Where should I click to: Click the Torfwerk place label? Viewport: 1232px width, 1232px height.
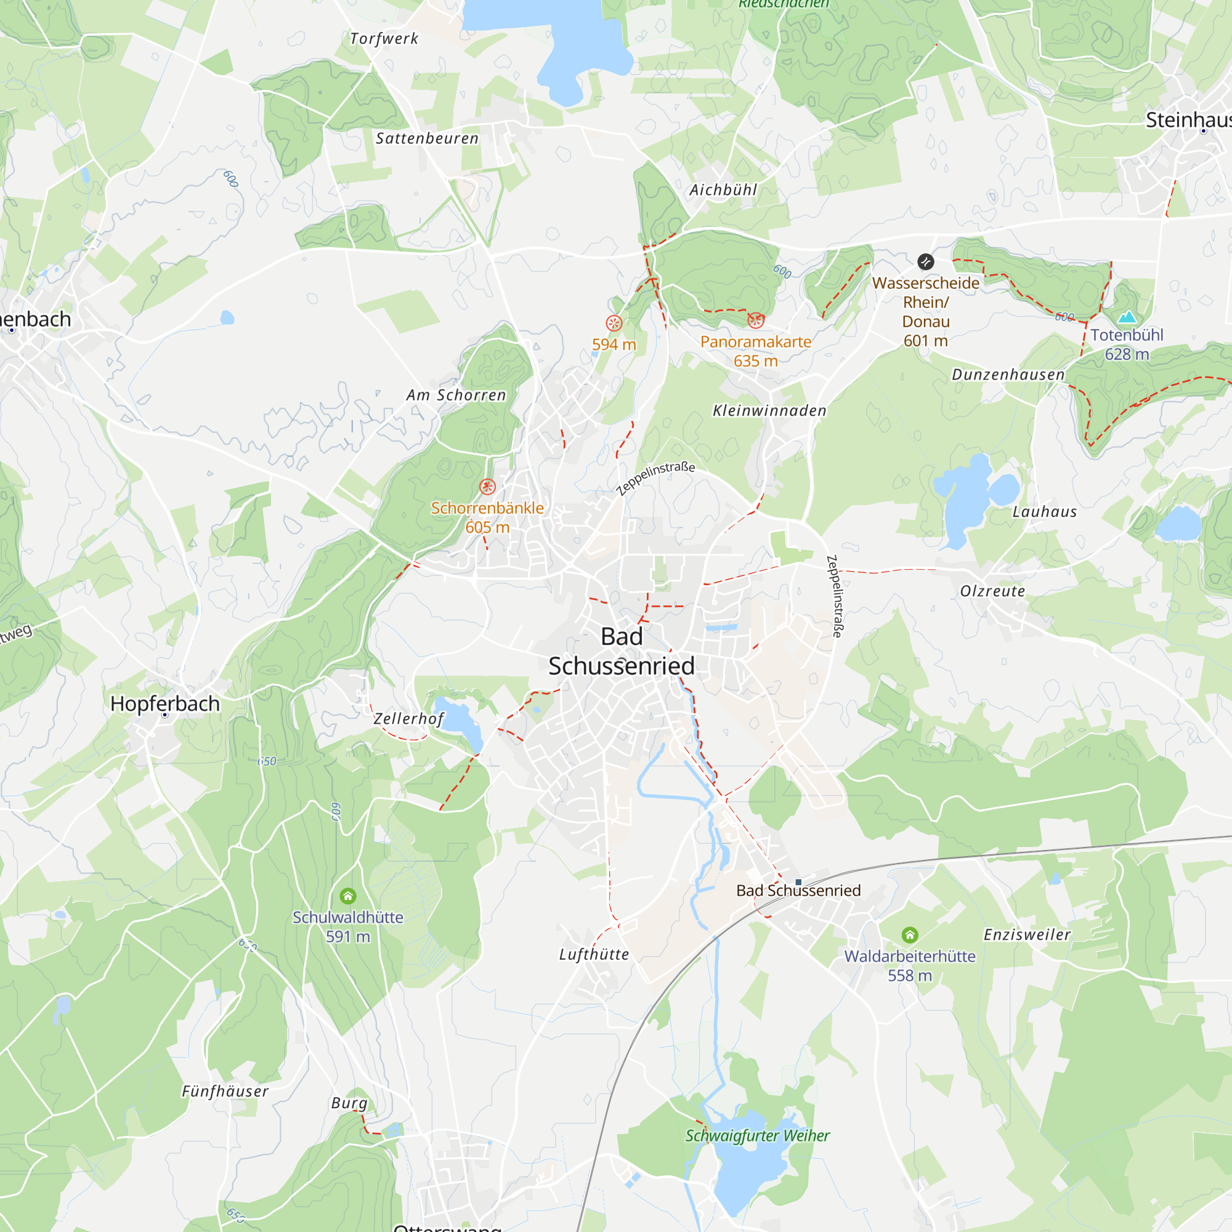384,39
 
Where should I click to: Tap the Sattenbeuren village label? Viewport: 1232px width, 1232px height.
427,139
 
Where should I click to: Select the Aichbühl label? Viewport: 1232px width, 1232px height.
723,190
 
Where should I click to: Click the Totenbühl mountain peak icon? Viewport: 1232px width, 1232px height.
1127,317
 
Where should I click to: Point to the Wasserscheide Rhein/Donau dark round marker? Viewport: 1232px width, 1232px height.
925,261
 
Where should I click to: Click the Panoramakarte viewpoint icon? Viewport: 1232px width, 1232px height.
756,320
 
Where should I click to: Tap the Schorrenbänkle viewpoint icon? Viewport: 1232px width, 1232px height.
487,487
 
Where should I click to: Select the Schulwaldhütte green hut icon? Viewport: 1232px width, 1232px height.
347,896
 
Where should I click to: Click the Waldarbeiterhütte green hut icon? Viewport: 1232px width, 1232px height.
909,935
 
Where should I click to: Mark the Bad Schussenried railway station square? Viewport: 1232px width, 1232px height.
798,883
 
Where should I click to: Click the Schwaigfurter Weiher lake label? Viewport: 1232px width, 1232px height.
757,1136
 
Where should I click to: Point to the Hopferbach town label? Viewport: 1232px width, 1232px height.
164,703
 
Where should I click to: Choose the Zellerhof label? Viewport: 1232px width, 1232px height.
408,719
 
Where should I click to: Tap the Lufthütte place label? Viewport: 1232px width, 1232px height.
594,955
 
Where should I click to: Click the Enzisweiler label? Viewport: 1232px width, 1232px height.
1027,935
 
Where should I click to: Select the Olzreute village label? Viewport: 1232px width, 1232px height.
992,591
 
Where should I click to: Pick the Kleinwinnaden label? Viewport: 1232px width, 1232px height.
769,411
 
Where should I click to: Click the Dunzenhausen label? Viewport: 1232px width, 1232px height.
1008,375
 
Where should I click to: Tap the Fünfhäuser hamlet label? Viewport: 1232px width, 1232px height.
225,1091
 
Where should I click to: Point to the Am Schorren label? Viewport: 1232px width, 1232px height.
456,395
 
